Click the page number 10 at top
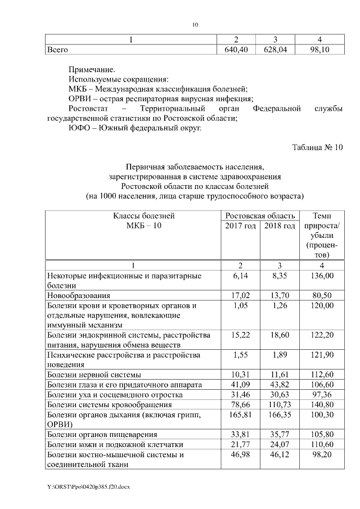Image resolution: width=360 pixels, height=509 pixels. coord(195,25)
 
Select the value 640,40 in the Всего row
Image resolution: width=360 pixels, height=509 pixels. coord(236,50)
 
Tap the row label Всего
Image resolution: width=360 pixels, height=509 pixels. coord(57,50)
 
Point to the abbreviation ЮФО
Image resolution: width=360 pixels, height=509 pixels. coord(77,128)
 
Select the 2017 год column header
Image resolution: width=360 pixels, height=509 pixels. coord(241,226)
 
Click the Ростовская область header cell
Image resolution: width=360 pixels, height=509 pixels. coord(260,216)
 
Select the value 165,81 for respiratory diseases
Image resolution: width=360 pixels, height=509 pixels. coord(241,414)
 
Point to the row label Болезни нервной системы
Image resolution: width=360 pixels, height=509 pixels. coord(94,374)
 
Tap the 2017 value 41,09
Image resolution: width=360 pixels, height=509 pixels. coord(241,384)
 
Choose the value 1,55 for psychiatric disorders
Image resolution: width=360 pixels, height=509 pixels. coord(241,355)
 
